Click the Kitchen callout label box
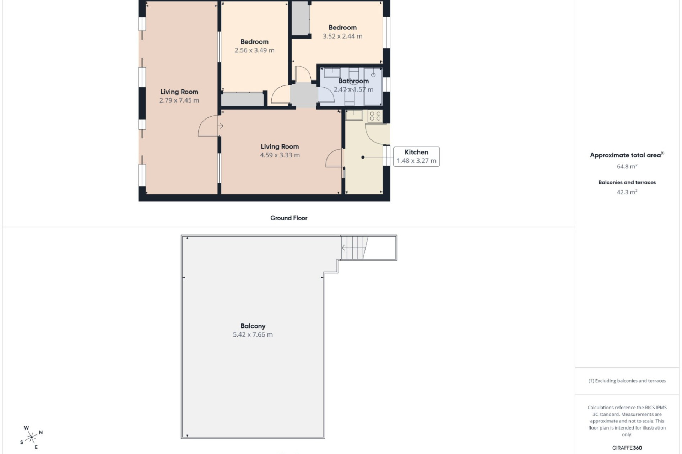[416, 156]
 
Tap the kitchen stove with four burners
[375, 116]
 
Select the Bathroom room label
[353, 81]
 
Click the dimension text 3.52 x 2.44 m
[342, 36]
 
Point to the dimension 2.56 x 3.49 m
[254, 50]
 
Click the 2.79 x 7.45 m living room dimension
[179, 100]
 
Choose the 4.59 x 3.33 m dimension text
[280, 155]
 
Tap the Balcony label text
[253, 326]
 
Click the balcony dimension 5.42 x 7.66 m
[253, 334]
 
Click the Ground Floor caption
[289, 218]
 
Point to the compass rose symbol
[31, 437]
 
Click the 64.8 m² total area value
[627, 166]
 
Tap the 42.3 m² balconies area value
[627, 192]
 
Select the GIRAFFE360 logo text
[627, 448]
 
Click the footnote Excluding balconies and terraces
[627, 381]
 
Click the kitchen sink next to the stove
[354, 115]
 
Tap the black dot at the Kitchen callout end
[363, 157]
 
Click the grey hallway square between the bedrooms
[304, 95]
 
